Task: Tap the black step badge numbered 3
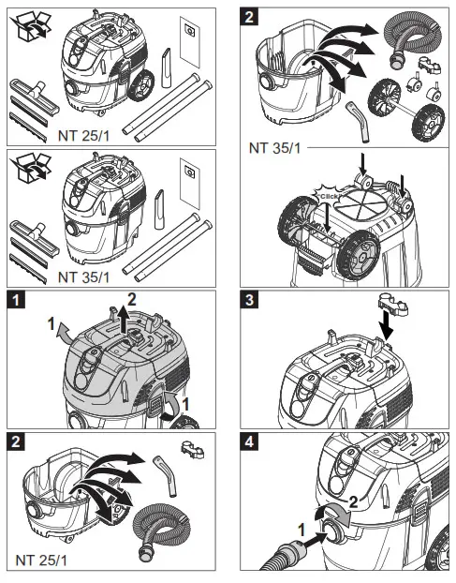coord(250,300)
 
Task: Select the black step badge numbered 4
coord(250,441)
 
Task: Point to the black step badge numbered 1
coord(16,300)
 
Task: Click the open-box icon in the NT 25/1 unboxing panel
coord(31,25)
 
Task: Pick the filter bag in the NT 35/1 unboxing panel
coord(189,184)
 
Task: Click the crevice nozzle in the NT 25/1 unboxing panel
coord(166,67)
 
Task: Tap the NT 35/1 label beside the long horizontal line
coord(274,148)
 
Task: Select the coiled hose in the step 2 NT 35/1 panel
coord(413,41)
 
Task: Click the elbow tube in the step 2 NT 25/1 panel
coord(165,475)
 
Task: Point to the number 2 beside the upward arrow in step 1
coord(132,300)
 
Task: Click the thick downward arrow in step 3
coord(387,325)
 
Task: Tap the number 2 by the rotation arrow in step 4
coord(354,502)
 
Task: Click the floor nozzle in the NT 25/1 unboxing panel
coord(34,97)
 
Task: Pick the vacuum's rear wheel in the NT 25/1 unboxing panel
coord(140,85)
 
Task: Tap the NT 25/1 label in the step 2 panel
coord(41,560)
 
